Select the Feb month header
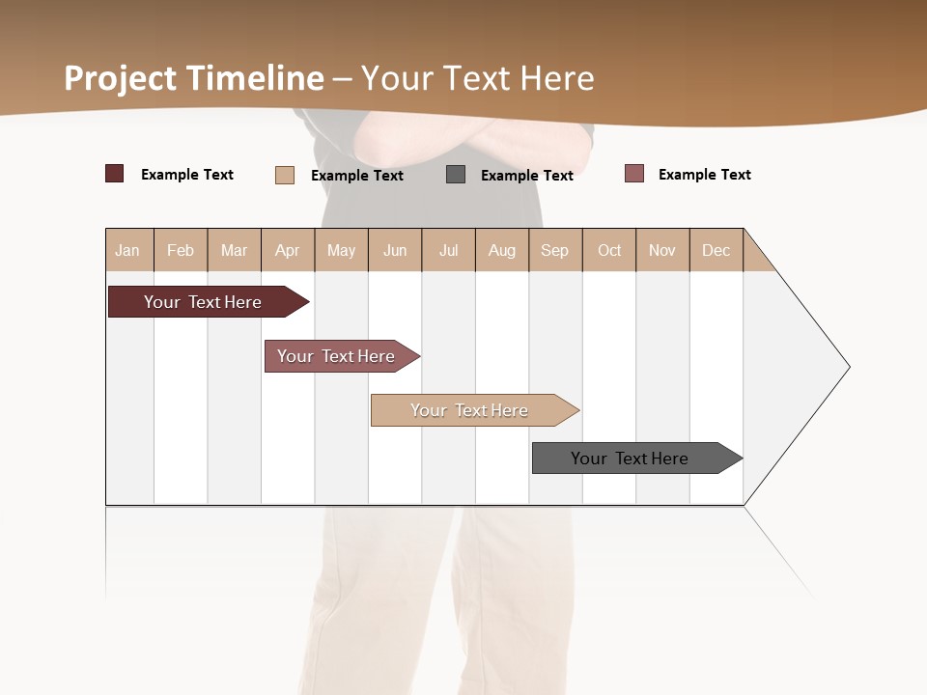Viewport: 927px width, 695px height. point(181,250)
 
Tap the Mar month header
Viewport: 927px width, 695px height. point(234,250)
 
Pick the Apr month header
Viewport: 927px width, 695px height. point(288,250)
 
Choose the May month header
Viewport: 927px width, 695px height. point(341,250)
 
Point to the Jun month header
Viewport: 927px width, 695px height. point(395,250)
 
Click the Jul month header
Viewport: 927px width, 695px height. point(448,250)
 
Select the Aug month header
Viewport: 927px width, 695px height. point(502,250)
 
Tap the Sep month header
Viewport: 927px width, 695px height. point(555,250)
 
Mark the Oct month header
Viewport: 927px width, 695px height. point(609,250)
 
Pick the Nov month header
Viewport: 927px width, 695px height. point(662,250)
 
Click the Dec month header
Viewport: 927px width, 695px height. point(716,250)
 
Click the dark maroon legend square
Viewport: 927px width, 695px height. point(115,174)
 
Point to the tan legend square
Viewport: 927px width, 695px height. point(285,175)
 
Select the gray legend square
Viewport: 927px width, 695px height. point(456,174)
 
